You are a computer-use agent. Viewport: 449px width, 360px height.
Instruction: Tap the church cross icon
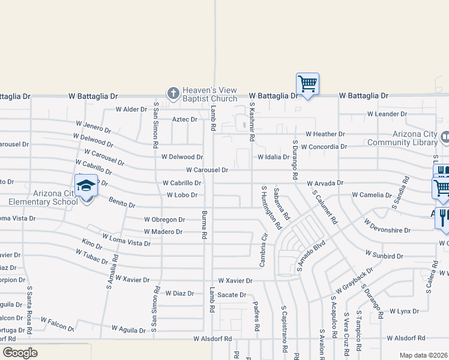pyautogui.click(x=173, y=93)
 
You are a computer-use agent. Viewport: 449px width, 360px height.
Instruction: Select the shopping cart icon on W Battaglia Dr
pyautogui.click(x=307, y=84)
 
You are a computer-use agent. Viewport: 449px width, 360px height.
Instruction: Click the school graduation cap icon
pyautogui.click(x=86, y=185)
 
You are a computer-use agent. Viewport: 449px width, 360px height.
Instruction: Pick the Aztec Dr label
pyautogui.click(x=184, y=119)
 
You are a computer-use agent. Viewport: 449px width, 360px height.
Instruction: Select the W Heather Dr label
pyautogui.click(x=325, y=134)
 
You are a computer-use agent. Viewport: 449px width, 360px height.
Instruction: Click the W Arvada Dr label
pyautogui.click(x=325, y=182)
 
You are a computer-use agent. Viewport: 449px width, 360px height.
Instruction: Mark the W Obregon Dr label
pyautogui.click(x=164, y=220)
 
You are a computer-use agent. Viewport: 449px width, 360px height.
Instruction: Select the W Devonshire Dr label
pyautogui.click(x=388, y=230)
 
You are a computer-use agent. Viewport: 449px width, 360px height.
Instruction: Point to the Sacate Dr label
pyautogui.click(x=232, y=295)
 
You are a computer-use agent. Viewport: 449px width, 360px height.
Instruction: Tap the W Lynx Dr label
pyautogui.click(x=404, y=311)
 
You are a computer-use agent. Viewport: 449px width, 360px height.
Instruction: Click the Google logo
pyautogui.click(x=20, y=353)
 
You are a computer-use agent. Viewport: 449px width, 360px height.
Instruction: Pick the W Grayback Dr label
pyautogui.click(x=354, y=281)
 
